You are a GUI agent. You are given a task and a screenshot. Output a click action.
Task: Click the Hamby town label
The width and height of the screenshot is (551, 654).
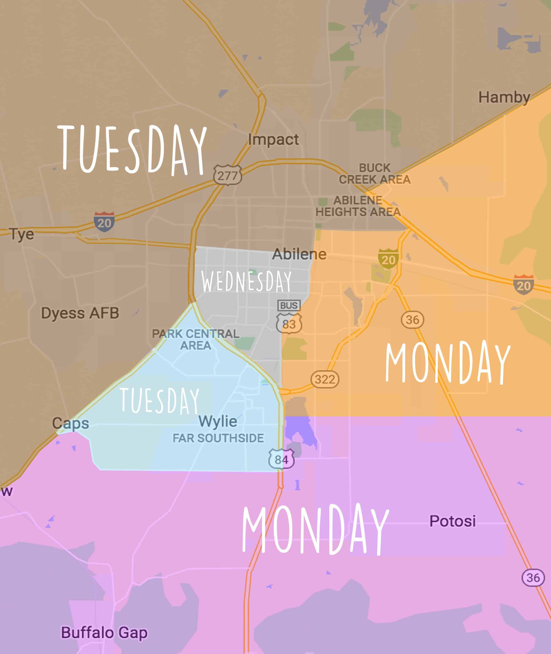(504, 97)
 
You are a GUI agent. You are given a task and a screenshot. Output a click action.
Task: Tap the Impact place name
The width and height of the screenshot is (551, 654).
(273, 139)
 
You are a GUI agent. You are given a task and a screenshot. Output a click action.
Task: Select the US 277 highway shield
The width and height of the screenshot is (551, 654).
(227, 175)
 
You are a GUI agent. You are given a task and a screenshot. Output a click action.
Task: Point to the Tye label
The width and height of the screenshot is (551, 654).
(21, 234)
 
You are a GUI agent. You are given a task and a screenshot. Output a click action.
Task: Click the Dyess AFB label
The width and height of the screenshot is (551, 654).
(80, 313)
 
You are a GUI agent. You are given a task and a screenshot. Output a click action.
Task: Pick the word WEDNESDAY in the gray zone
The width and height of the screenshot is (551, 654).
(246, 282)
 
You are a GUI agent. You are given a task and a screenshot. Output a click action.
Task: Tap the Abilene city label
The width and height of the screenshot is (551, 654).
(299, 254)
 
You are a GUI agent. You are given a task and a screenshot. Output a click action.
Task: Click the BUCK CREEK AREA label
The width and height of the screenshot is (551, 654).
(374, 174)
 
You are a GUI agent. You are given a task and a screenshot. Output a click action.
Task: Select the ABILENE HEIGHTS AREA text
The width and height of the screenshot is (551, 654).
(358, 206)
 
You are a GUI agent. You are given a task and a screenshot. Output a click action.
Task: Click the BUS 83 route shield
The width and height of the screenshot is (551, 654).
(289, 318)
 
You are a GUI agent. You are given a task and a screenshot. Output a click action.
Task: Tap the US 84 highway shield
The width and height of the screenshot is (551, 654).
(281, 459)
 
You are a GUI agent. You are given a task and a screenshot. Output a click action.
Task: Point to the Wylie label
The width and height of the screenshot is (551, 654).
(218, 421)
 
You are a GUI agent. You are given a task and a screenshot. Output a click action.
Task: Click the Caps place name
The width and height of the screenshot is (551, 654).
(71, 423)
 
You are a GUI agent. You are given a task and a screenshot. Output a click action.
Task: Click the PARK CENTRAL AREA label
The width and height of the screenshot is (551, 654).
(195, 340)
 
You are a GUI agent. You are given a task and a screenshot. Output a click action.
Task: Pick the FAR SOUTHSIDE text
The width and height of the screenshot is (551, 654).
(218, 438)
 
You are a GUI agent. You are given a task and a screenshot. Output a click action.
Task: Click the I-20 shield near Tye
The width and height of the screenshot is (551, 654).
(104, 222)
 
